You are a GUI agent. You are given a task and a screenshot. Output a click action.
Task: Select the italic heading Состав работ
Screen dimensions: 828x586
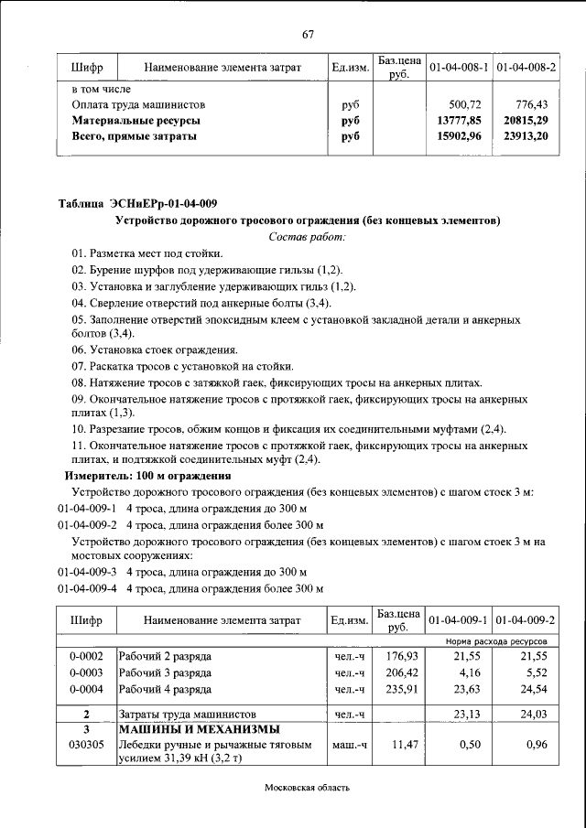308,237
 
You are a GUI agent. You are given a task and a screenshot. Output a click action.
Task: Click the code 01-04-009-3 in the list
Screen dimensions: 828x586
88,572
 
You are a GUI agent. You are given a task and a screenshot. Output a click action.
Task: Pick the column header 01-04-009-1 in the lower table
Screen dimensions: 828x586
458,620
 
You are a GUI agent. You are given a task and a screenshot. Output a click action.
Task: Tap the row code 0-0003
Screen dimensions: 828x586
86,672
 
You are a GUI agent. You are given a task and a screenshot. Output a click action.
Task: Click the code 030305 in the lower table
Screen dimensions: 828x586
86,746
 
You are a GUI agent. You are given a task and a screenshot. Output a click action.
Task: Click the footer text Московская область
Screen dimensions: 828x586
308,787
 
